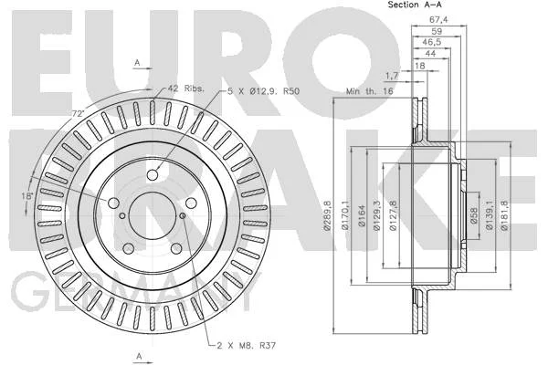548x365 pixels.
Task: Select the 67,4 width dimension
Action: [438, 19]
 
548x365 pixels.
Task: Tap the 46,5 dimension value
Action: [432, 42]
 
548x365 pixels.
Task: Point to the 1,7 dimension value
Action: [392, 75]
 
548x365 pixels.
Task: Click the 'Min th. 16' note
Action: [369, 91]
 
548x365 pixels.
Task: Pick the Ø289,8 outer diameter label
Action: [328, 215]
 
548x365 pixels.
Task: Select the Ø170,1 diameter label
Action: [345, 215]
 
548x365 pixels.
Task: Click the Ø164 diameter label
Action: [362, 216]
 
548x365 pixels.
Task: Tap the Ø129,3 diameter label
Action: [376, 215]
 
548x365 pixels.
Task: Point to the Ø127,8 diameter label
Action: [393, 215]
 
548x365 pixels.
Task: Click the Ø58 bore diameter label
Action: [474, 216]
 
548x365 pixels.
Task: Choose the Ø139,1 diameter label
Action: [489, 215]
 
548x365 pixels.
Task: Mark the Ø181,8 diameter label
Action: [505, 215]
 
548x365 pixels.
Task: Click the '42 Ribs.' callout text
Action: [185, 88]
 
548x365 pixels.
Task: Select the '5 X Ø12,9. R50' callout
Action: [263, 91]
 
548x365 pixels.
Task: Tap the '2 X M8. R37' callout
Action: [247, 346]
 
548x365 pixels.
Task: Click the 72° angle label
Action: [79, 113]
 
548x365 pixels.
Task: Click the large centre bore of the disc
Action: [152, 215]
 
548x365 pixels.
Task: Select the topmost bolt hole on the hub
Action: [153, 174]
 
